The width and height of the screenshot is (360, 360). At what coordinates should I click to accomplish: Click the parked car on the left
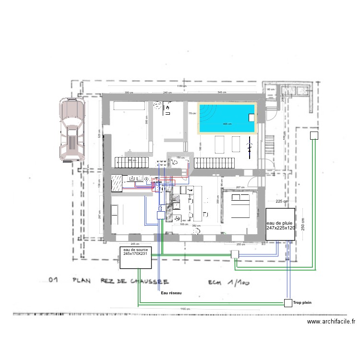[71, 129]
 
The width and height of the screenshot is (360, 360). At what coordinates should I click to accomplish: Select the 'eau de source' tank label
[136, 252]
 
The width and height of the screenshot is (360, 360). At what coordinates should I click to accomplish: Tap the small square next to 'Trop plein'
[288, 302]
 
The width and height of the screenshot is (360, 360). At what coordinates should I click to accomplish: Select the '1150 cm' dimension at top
[181, 86]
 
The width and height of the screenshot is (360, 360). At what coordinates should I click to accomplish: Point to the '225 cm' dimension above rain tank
[282, 202]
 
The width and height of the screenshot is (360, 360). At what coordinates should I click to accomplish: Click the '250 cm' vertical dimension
[303, 223]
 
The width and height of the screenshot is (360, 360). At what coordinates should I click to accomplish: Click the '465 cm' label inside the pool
[227, 124]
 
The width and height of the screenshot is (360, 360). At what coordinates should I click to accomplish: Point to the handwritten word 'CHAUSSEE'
[153, 281]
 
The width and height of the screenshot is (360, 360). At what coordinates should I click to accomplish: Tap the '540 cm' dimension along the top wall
[222, 92]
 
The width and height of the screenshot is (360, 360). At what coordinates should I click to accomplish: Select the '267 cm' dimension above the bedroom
[240, 187]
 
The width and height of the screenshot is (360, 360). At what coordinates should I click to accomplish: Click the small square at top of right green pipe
[313, 135]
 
